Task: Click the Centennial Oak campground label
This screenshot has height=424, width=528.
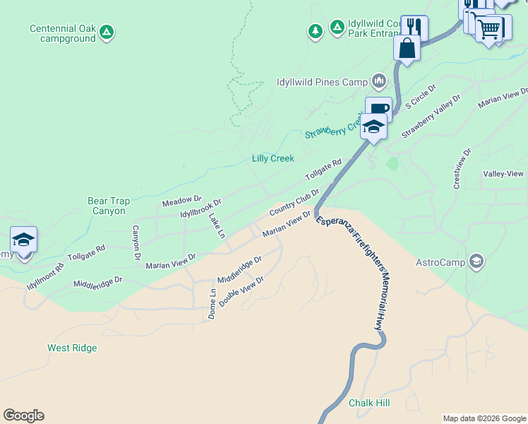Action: (x=62, y=33)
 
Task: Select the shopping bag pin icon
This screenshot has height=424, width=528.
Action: (x=407, y=48)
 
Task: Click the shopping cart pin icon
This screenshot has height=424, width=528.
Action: (x=488, y=29)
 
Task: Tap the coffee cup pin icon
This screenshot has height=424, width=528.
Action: (x=378, y=109)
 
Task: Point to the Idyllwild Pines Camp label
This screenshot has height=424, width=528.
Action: (x=321, y=82)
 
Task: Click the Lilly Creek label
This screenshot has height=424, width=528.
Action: (x=272, y=158)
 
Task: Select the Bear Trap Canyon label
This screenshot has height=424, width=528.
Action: (x=109, y=206)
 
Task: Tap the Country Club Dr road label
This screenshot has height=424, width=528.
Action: (x=294, y=201)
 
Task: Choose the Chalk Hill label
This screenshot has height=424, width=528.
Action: (x=369, y=403)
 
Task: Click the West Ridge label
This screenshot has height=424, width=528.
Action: (x=72, y=348)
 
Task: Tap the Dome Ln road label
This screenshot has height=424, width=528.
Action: (x=212, y=304)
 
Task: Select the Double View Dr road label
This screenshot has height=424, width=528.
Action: (x=241, y=291)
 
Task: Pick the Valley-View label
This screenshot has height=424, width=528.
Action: (x=503, y=174)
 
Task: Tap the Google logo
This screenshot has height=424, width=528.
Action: (x=23, y=416)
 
